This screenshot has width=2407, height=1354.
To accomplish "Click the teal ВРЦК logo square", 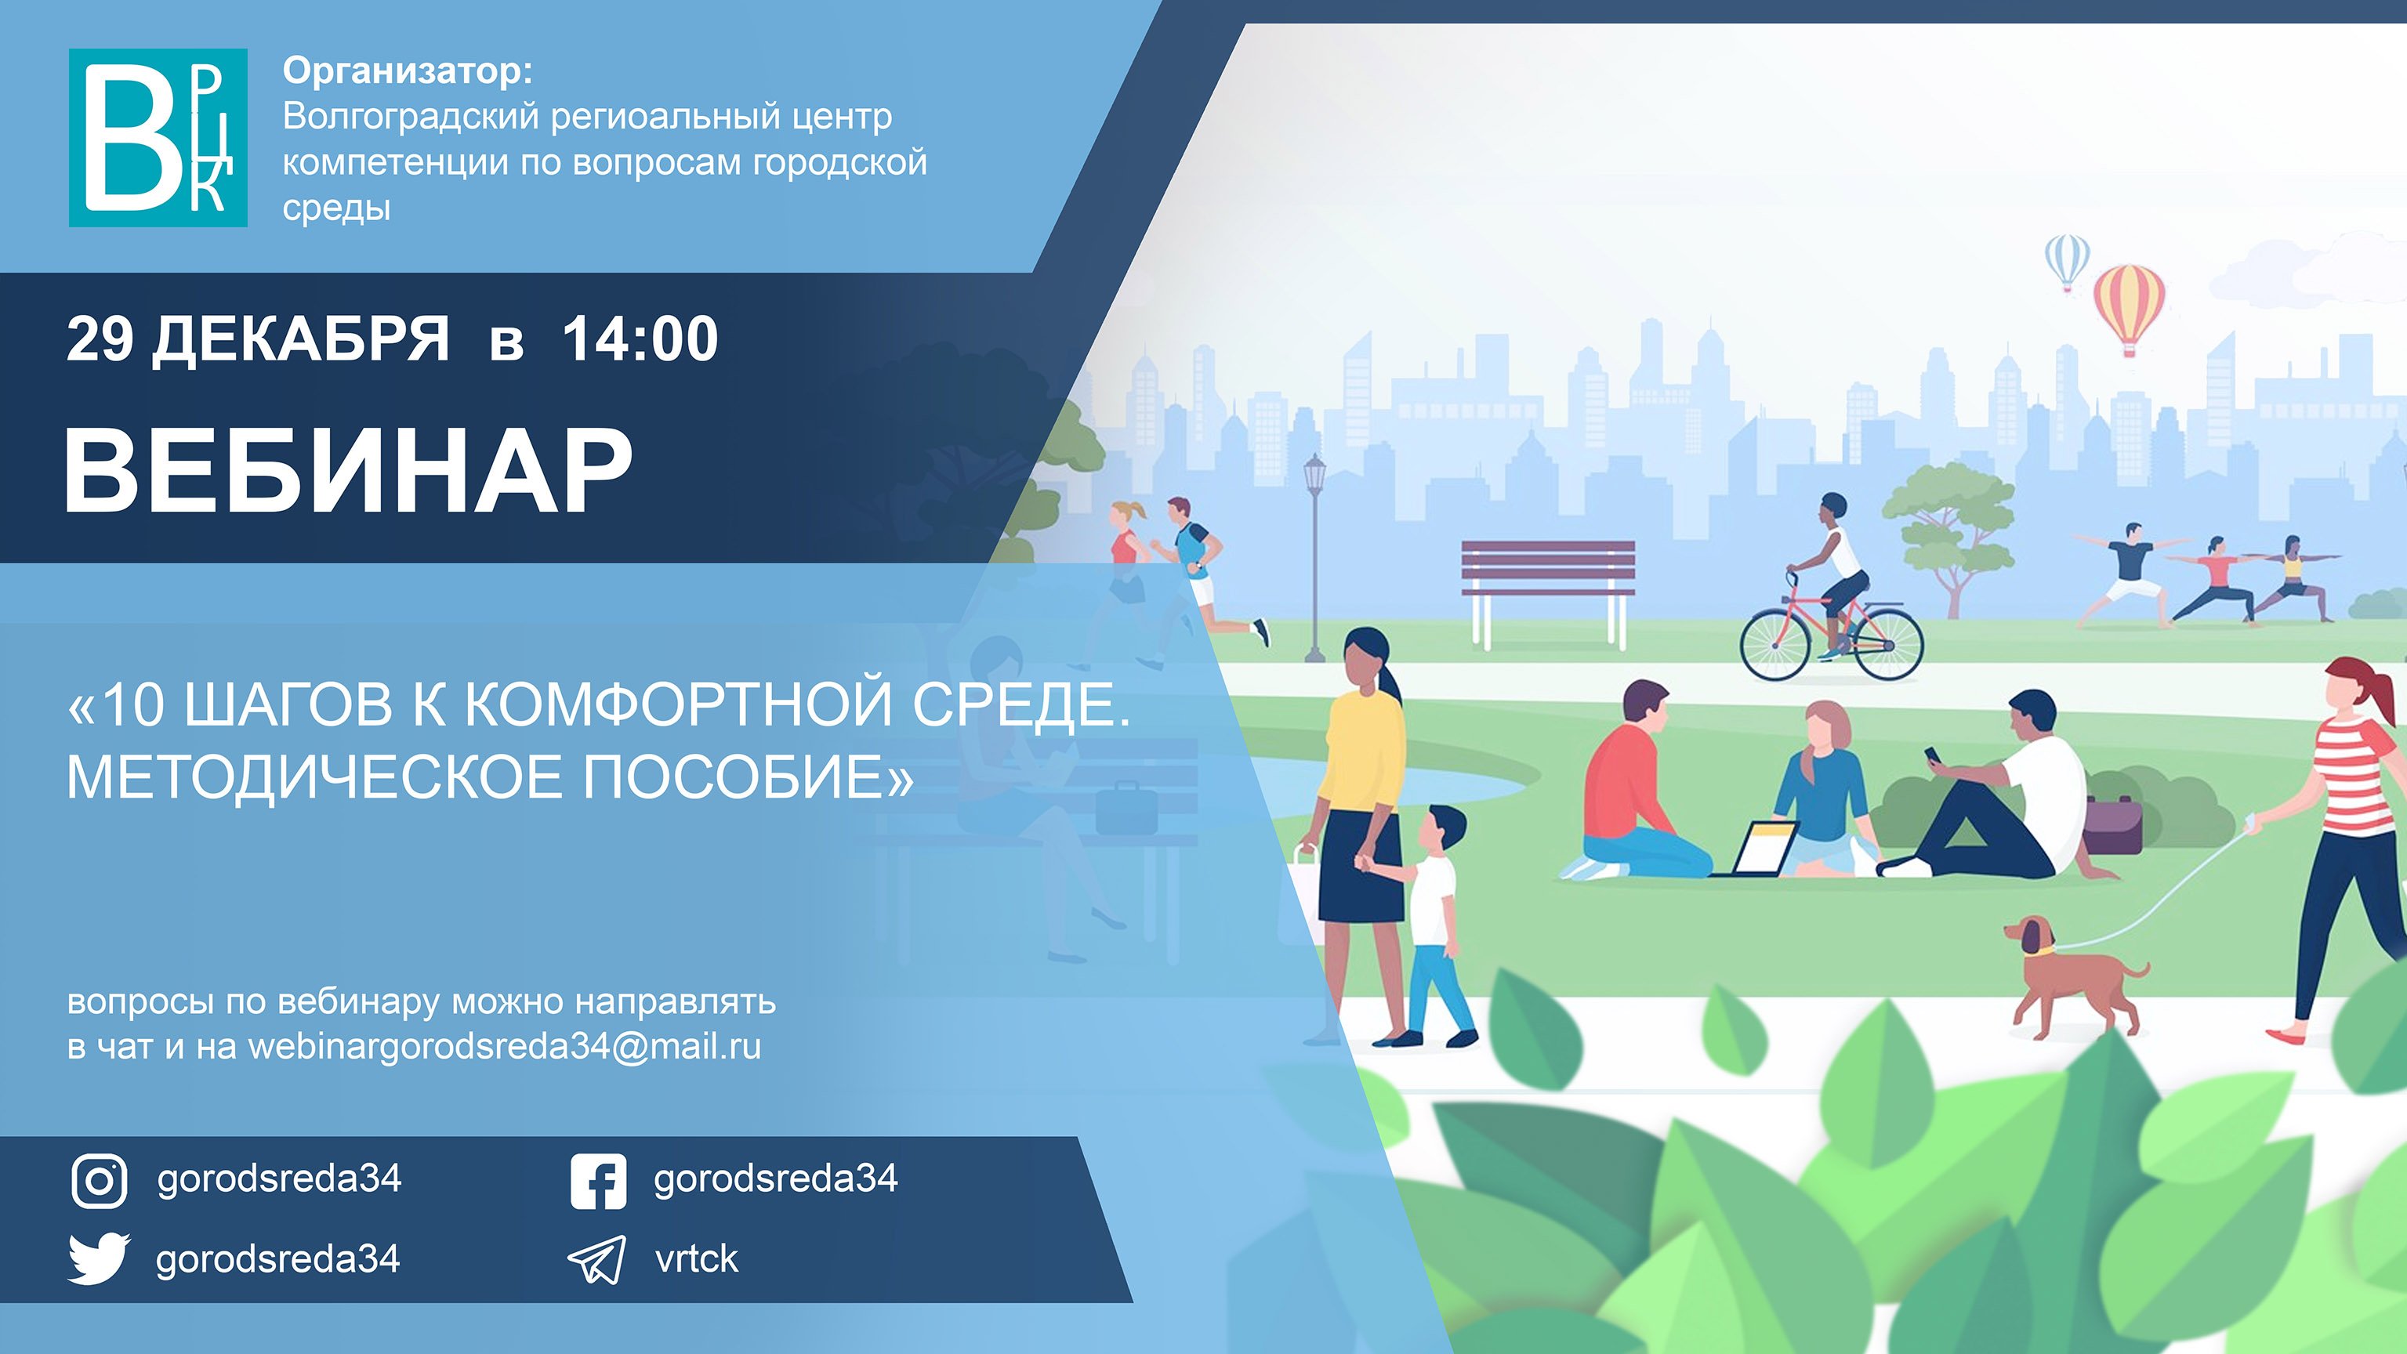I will (x=158, y=137).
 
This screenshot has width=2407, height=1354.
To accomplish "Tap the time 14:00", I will (x=640, y=338).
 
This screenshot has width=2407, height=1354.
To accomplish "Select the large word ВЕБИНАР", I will (x=347, y=471).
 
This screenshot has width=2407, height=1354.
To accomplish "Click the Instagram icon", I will (x=99, y=1180).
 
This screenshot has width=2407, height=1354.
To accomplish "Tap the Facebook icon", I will (x=598, y=1180).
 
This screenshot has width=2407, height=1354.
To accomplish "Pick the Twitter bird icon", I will (x=99, y=1258).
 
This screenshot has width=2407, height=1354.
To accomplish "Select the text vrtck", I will (x=696, y=1258).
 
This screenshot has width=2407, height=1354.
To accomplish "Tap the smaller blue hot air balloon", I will (x=2067, y=261).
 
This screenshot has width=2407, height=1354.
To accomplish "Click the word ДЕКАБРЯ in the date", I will (x=301, y=338).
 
